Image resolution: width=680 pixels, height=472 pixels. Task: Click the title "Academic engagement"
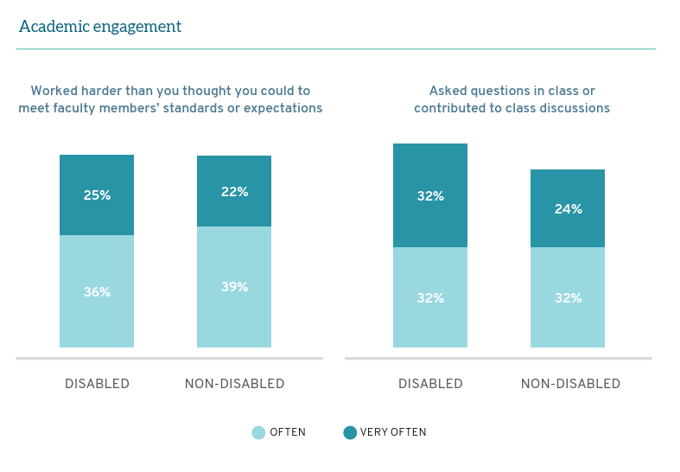(100, 27)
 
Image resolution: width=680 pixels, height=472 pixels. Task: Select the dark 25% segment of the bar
(97, 195)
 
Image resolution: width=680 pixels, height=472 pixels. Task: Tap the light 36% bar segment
(97, 292)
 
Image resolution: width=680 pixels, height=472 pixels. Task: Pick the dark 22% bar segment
(234, 192)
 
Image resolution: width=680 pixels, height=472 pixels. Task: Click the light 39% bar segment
(234, 287)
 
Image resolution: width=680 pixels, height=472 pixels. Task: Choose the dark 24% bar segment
(568, 209)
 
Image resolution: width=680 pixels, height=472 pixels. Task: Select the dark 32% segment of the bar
(430, 196)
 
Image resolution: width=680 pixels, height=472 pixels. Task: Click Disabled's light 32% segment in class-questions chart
(430, 298)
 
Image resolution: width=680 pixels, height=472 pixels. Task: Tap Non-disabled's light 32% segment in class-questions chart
(568, 298)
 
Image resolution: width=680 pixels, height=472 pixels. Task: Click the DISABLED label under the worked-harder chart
(97, 384)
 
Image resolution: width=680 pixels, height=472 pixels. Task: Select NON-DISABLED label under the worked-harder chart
(234, 384)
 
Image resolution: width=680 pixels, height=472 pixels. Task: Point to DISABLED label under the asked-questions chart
(430, 384)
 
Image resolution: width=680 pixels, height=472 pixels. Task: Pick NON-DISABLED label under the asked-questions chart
(570, 384)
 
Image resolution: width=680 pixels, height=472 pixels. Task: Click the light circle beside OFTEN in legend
(258, 433)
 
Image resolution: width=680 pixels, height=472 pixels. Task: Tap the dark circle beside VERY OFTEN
(350, 433)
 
